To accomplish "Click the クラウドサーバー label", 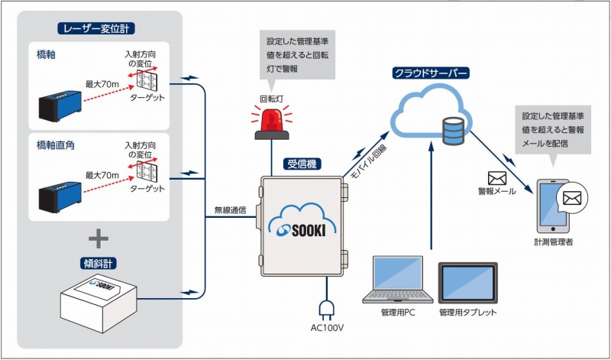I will click(430, 73).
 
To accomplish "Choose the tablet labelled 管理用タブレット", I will click(467, 283).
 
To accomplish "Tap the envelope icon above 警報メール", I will click(496, 177).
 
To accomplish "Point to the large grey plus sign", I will click(98, 238).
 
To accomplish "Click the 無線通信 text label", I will click(231, 210).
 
